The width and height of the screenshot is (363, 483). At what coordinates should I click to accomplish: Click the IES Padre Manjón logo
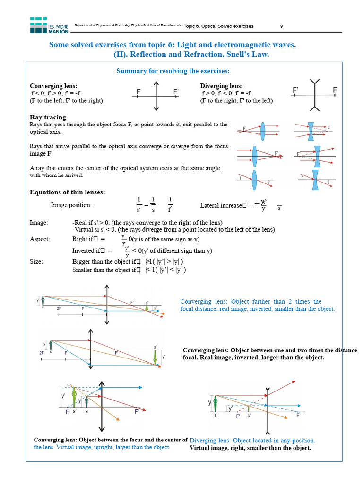pos(49,25)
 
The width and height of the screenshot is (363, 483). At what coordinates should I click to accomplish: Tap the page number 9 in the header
pos(282,26)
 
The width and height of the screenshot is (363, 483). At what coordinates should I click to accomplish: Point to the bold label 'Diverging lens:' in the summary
pos(221,86)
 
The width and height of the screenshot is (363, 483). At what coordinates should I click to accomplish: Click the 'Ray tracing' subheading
pos(48,117)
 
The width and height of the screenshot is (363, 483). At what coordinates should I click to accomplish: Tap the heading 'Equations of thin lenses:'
pos(68,192)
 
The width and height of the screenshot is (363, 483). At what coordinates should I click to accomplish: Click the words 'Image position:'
pos(71,205)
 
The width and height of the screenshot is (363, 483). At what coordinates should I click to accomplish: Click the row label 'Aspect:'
pos(40,239)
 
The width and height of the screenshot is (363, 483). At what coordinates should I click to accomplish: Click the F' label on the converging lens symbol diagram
pos(176,91)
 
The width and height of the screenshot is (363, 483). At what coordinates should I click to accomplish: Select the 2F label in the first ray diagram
pos(59,308)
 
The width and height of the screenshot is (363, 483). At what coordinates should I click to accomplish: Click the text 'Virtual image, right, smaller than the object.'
pos(251,448)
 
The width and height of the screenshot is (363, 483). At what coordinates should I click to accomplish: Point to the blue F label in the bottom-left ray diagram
pos(67,412)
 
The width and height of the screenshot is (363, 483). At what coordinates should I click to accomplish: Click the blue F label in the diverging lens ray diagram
pos(298,416)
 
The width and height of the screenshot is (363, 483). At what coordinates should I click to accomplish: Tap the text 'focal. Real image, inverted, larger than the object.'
pos(253,358)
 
